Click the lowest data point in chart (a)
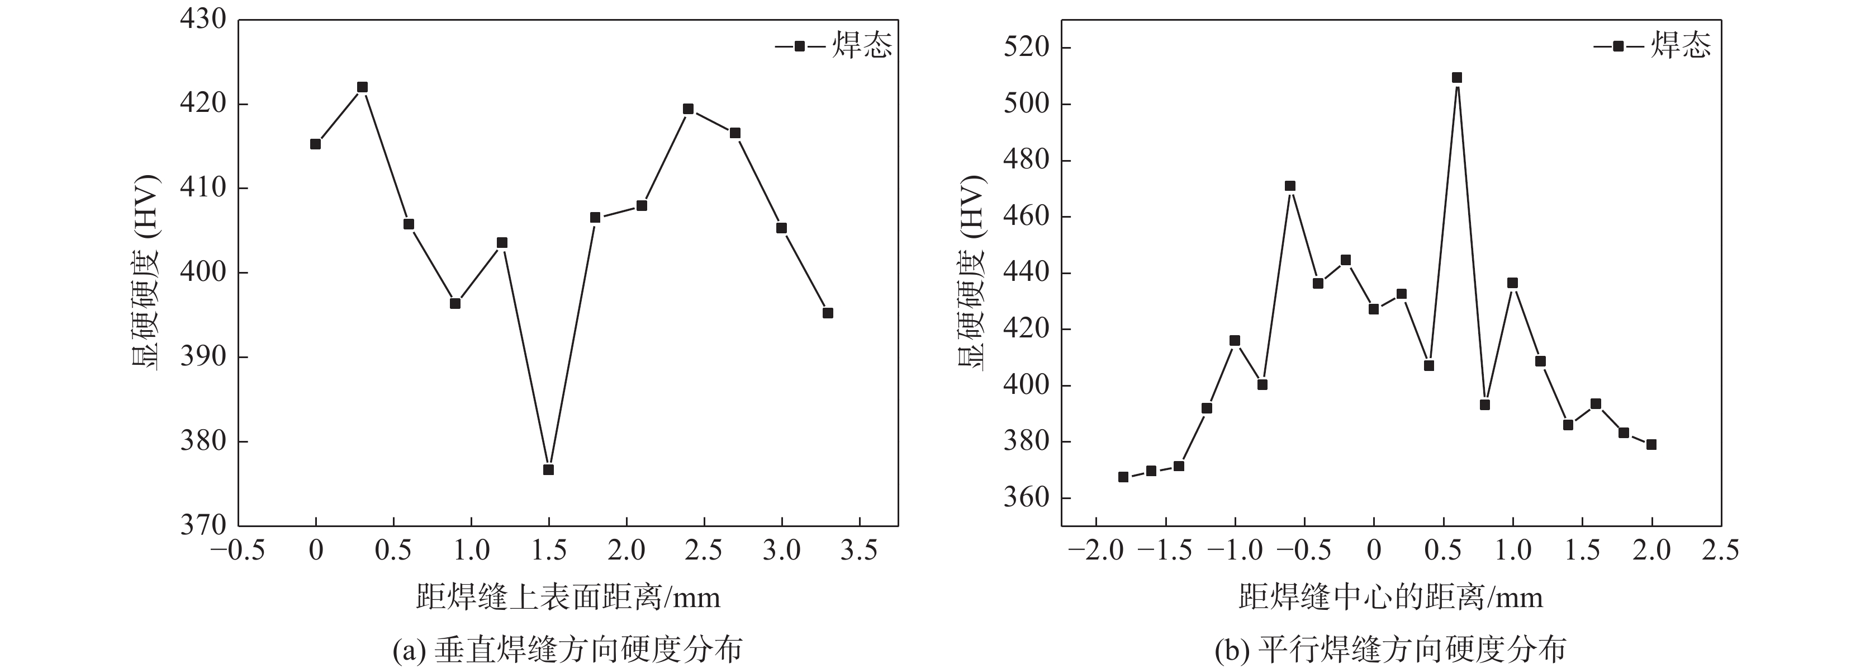click(548, 469)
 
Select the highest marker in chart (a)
click(362, 87)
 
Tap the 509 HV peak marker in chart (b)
click(1457, 78)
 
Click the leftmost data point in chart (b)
click(1123, 477)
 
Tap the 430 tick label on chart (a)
click(203, 20)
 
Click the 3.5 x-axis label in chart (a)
click(859, 551)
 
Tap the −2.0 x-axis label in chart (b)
click(1096, 551)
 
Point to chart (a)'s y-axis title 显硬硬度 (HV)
click(145, 272)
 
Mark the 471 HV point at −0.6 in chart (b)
click(1290, 186)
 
